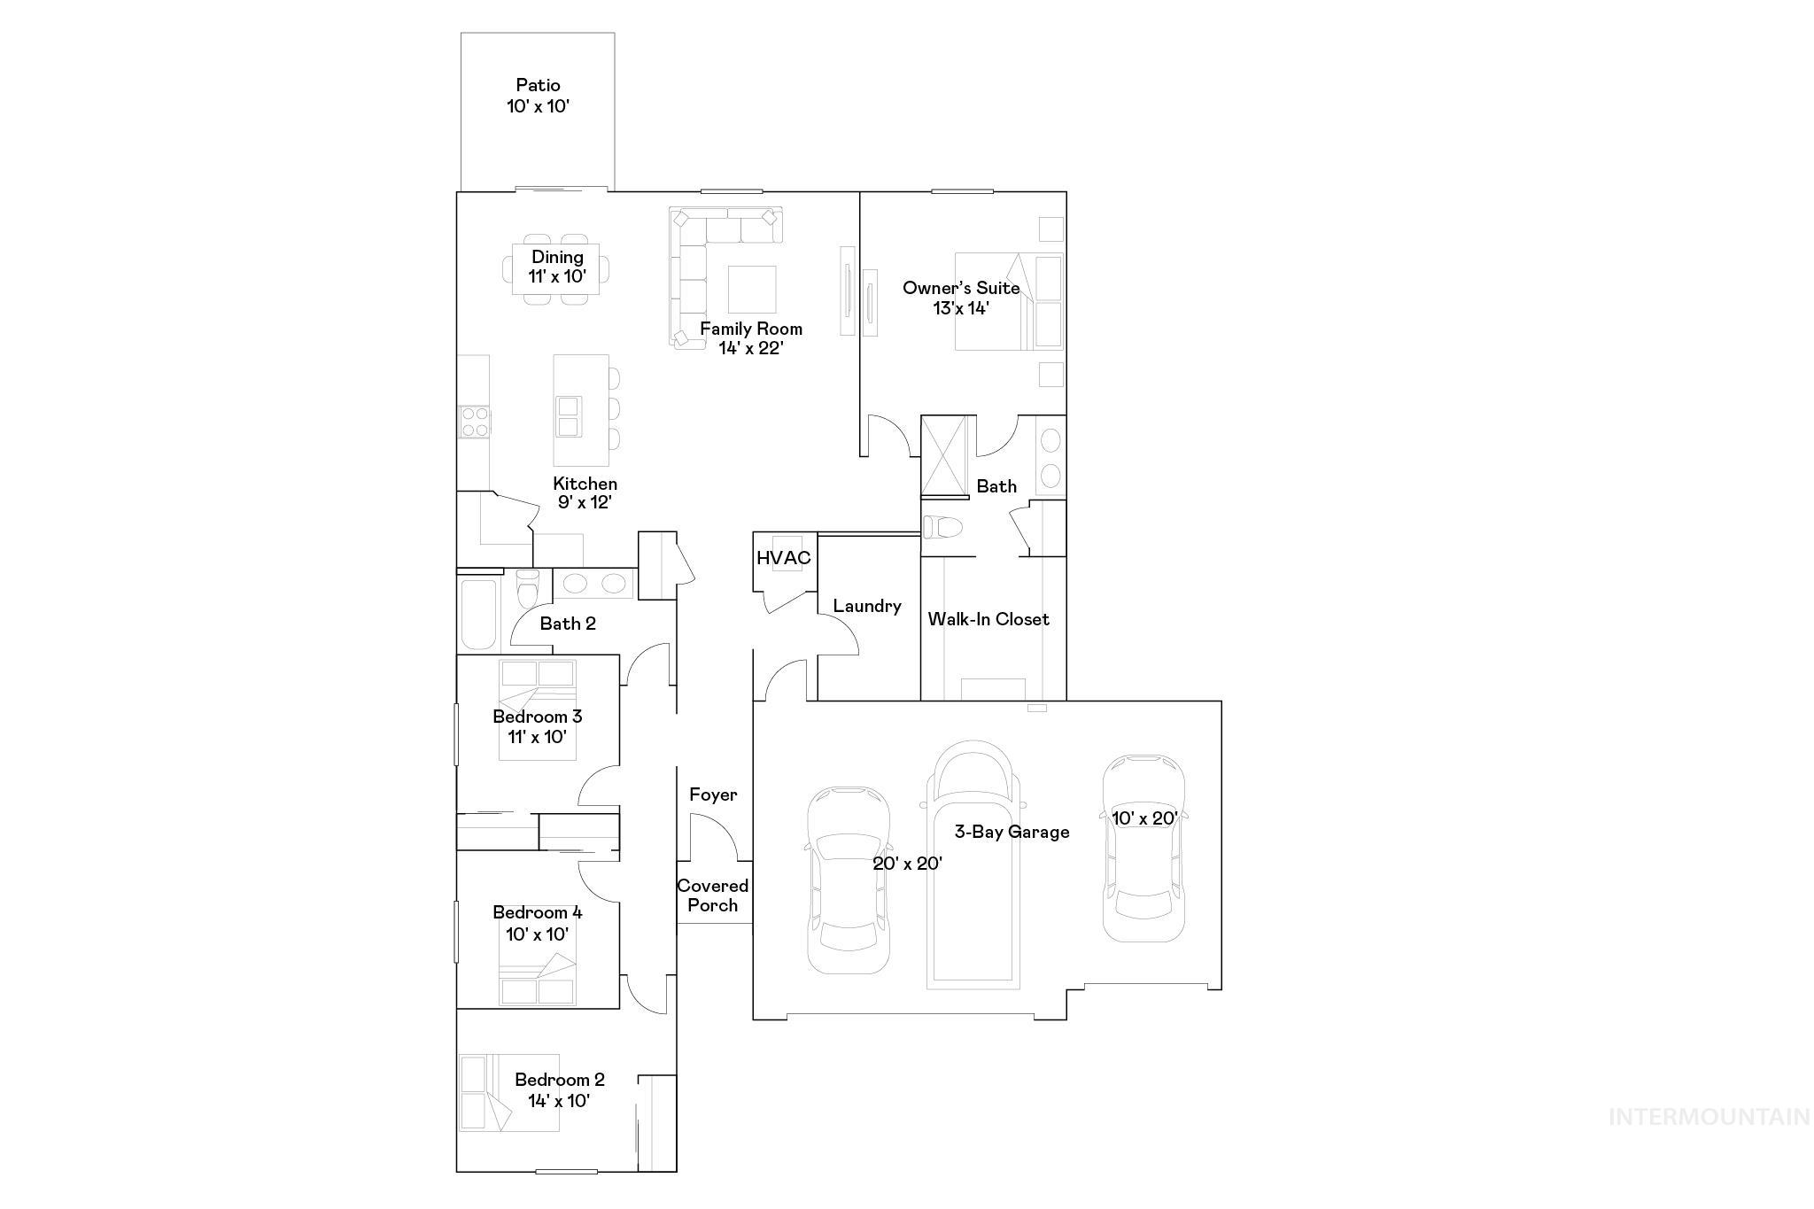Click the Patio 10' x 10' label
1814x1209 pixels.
pos(538,96)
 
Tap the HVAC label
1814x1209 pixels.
pos(783,558)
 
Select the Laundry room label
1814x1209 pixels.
pos(867,606)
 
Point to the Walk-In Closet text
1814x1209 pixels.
pos(988,619)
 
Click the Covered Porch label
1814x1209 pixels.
pos(713,895)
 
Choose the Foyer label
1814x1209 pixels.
pos(713,794)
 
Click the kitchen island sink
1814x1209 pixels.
pos(568,416)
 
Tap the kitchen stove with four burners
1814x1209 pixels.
pos(474,421)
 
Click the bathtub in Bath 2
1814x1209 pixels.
pos(478,615)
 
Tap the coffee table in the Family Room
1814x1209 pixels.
pos(752,289)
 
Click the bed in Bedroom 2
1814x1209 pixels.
pos(508,1092)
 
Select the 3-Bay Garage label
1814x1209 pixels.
pos(1012,832)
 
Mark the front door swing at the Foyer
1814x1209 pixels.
pos(712,838)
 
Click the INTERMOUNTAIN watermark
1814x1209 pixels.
pos(1709,1117)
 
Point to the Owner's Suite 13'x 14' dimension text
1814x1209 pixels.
pos(960,308)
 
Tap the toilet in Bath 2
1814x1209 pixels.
pos(527,585)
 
